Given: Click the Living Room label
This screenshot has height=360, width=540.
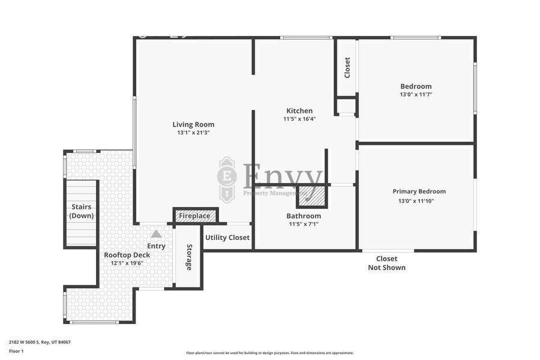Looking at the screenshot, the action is pyautogui.click(x=193, y=124).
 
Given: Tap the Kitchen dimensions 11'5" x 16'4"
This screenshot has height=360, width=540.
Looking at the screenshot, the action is pyautogui.click(x=299, y=119).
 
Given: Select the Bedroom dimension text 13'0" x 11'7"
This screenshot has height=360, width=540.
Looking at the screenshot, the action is pyautogui.click(x=416, y=94).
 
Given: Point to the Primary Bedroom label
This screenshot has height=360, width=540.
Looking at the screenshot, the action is pyautogui.click(x=419, y=191).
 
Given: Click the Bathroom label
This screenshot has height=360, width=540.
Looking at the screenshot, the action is pyautogui.click(x=304, y=216).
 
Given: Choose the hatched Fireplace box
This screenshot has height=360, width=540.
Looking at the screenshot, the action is pyautogui.click(x=195, y=216).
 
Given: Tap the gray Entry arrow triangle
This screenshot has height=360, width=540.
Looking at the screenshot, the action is pyautogui.click(x=157, y=234).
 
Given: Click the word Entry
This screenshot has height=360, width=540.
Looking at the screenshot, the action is pyautogui.click(x=157, y=246).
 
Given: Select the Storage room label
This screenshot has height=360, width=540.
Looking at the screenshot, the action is pyautogui.click(x=189, y=257).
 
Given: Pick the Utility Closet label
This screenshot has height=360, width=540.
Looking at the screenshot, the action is pyautogui.click(x=227, y=238).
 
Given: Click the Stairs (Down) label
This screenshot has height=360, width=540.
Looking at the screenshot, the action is pyautogui.click(x=82, y=211).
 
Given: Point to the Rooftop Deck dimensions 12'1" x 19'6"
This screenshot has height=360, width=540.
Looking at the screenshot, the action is pyautogui.click(x=127, y=263).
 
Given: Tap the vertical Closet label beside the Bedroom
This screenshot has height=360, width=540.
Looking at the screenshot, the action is pyautogui.click(x=347, y=68).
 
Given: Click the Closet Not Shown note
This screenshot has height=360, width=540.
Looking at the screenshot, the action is pyautogui.click(x=387, y=263).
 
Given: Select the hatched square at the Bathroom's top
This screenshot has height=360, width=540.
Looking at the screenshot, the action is pyautogui.click(x=312, y=196).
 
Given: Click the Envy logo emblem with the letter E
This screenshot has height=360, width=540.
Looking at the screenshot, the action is pyautogui.click(x=227, y=178).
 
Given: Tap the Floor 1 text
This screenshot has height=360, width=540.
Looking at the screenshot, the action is pyautogui.click(x=16, y=352).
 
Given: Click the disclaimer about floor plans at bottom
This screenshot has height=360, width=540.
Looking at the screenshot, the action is pyautogui.click(x=269, y=353).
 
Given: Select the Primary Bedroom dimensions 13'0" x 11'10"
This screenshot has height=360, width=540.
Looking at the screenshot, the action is pyautogui.click(x=416, y=201).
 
